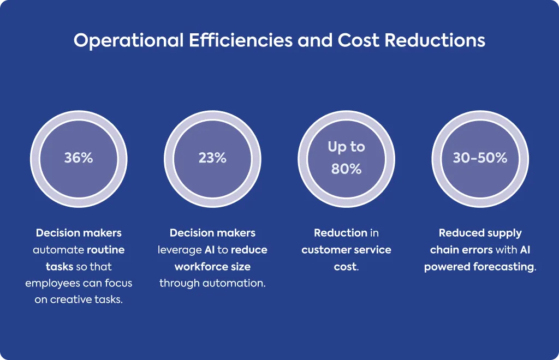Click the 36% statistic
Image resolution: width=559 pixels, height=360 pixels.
[x=79, y=158]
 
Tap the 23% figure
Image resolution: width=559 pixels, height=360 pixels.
[x=212, y=158]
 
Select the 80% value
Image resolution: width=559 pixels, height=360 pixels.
[x=346, y=169]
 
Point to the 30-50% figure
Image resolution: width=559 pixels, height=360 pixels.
[x=480, y=158]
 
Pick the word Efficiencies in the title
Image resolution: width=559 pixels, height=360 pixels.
[x=241, y=40]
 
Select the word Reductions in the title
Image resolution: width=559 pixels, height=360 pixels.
[x=435, y=40]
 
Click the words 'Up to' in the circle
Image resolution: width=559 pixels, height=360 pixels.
[x=346, y=147]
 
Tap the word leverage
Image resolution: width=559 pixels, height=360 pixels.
[x=180, y=250]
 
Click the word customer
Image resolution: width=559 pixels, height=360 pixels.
[x=326, y=250]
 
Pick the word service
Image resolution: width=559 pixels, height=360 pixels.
[x=372, y=250]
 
